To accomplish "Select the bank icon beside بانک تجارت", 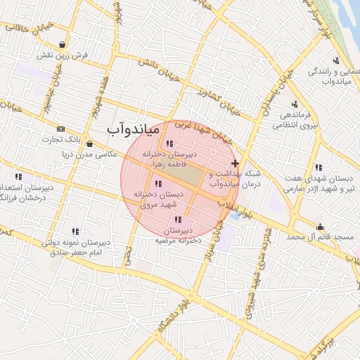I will tap(60, 129).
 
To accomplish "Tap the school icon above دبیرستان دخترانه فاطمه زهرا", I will tap(169, 143).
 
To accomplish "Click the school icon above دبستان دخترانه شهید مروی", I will tap(157, 184).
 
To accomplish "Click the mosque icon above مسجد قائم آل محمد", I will tap(321, 226).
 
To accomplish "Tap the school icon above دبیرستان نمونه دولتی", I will tap(75, 231).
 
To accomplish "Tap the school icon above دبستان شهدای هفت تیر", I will tap(319, 167).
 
